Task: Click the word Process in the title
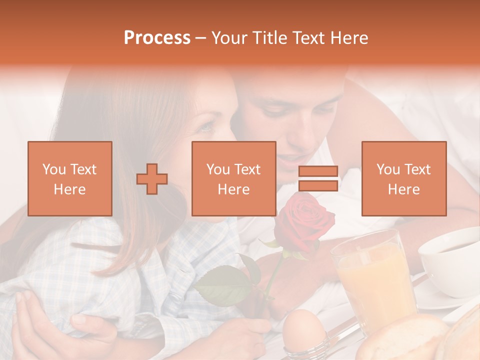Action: [x=157, y=38]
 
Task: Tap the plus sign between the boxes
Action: [x=152, y=179]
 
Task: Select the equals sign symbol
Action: [x=318, y=178]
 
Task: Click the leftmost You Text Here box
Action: [x=70, y=178]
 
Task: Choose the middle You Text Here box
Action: [x=234, y=178]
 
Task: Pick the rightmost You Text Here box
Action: [x=404, y=178]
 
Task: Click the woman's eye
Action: [x=206, y=127]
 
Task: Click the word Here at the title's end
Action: [x=350, y=38]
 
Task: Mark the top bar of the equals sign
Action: [x=318, y=171]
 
